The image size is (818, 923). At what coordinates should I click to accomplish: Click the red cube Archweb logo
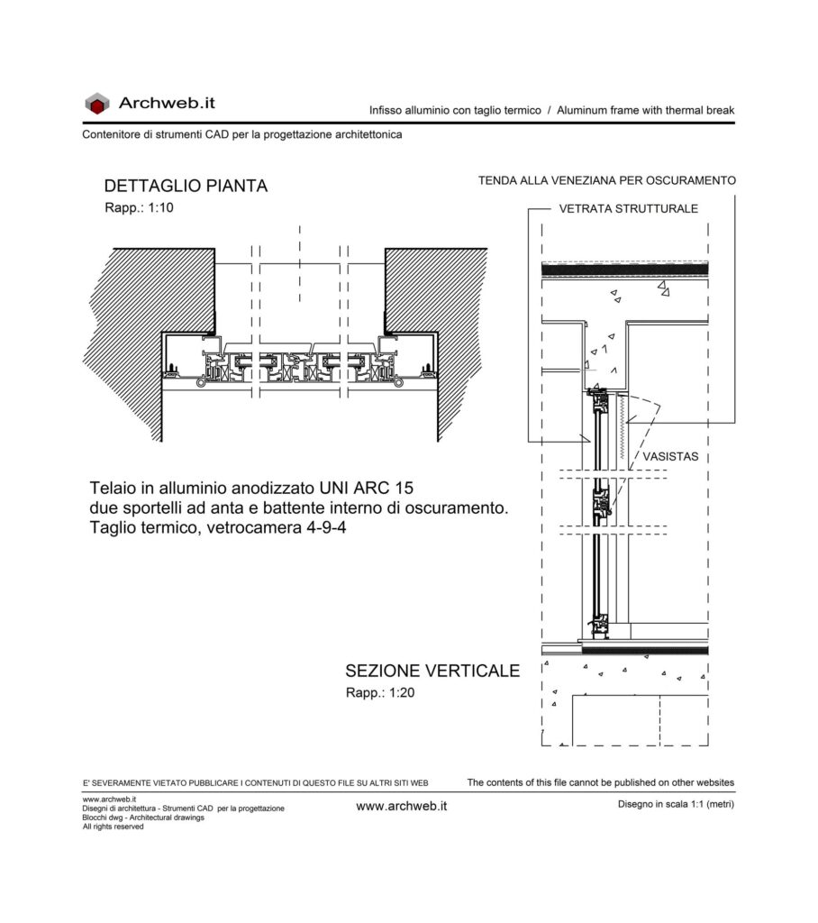(x=97, y=104)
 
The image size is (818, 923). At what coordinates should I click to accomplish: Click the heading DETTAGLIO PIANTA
(x=186, y=186)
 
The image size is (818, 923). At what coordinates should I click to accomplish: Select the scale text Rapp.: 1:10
(x=139, y=208)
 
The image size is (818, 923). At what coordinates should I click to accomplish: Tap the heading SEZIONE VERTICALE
(x=432, y=671)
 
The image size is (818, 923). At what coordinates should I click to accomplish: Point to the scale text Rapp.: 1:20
(x=380, y=693)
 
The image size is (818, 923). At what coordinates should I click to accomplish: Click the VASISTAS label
(x=670, y=457)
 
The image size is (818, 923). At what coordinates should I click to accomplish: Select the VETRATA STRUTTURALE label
(x=629, y=209)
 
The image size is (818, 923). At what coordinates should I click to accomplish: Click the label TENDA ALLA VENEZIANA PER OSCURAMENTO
(x=606, y=180)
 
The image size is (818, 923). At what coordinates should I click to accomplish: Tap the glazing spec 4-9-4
(x=326, y=527)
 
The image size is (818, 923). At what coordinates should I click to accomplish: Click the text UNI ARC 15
(x=366, y=488)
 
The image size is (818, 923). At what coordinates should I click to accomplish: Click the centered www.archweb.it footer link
(x=402, y=807)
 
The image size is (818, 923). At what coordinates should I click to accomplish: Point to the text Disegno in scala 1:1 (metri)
(x=677, y=804)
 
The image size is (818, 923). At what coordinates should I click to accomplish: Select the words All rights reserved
(x=113, y=827)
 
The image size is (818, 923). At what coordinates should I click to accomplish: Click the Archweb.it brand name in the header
(x=168, y=103)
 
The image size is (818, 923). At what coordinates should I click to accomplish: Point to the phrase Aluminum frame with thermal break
(x=646, y=110)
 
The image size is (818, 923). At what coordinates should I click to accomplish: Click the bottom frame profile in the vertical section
(x=601, y=626)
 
